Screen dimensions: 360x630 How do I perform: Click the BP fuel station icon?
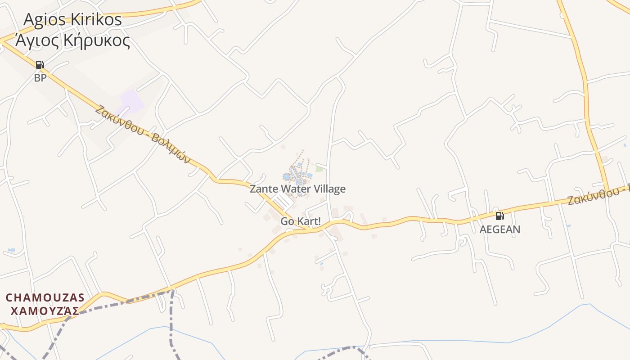40,65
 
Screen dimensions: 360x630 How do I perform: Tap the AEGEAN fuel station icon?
499,216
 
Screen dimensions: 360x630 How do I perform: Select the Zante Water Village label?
297,189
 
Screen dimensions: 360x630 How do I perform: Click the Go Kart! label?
301,221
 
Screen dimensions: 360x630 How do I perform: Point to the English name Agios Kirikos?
72,19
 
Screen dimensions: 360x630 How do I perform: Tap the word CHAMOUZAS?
45,297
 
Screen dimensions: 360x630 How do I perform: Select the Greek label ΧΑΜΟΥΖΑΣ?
45,310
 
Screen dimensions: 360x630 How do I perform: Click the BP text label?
40,78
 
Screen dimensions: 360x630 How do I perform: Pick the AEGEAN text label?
499,229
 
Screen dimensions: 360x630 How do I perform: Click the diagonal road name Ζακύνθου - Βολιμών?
143,134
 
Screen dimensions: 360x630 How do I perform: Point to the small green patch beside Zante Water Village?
319,169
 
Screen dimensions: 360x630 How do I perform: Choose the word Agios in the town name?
43,19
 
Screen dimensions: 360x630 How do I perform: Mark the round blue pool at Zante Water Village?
287,177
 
